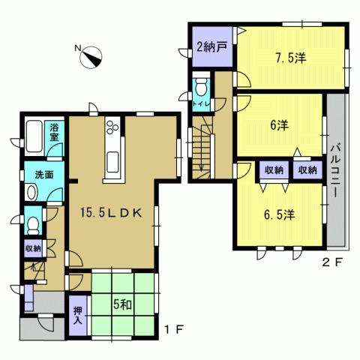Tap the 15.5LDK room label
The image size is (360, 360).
coord(112,211)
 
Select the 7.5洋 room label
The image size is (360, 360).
coord(291,56)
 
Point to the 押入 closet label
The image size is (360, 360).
coord(78,315)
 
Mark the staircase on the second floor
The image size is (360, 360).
coord(201,150)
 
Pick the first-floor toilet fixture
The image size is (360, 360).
coord(32,224)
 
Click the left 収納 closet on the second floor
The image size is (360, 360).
coord(273,170)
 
